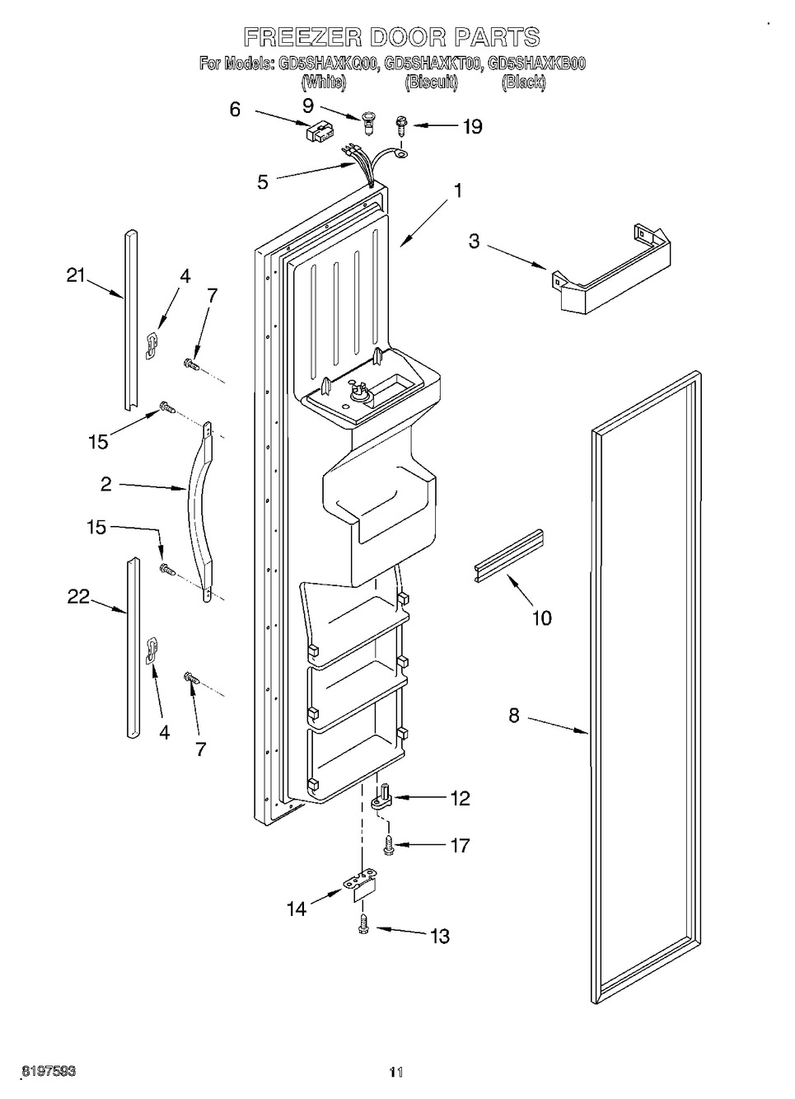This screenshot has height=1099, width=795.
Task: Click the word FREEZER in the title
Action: (x=303, y=37)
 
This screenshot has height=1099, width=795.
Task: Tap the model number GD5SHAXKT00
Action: (x=432, y=63)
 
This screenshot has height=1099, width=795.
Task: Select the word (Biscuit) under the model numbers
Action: (x=432, y=82)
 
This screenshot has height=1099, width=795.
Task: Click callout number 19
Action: (x=473, y=127)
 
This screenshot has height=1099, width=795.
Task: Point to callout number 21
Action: (x=76, y=275)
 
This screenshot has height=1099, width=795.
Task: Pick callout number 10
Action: (x=541, y=618)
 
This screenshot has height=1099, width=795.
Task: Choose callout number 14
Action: (x=297, y=909)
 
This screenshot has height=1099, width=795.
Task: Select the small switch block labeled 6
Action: (x=320, y=131)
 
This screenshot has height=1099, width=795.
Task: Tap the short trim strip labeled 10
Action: (x=509, y=556)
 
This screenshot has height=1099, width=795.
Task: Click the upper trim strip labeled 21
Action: (x=130, y=320)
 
